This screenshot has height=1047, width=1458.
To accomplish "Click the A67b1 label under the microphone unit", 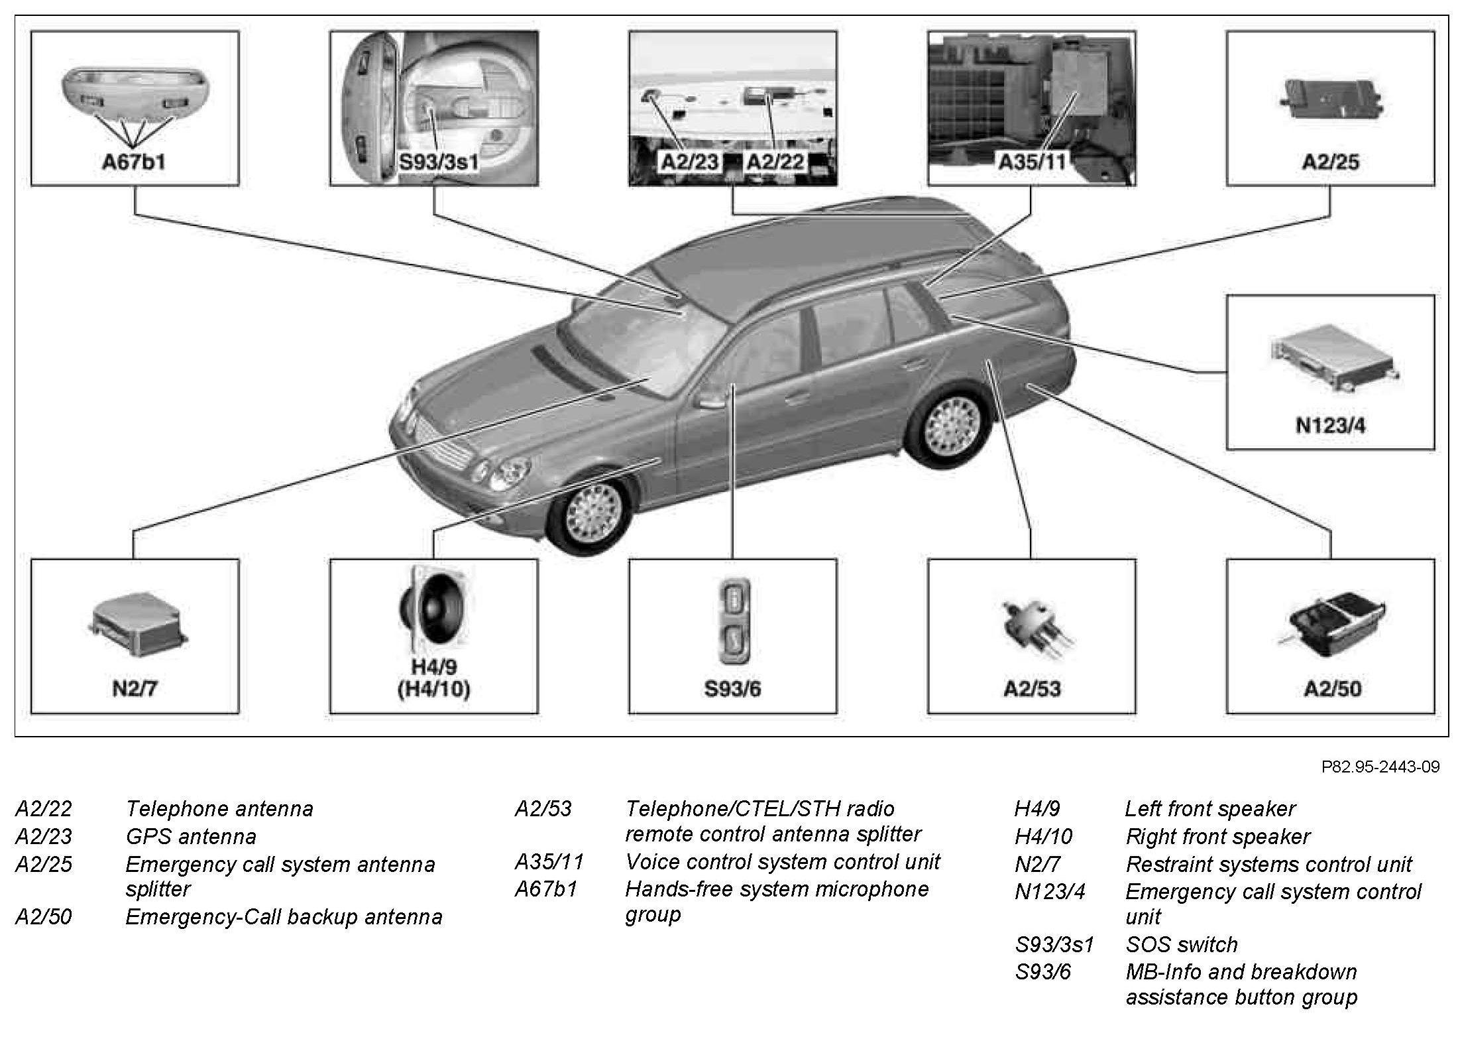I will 134,162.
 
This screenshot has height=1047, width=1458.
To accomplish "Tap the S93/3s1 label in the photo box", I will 438,162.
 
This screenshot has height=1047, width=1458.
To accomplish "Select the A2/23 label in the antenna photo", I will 689,162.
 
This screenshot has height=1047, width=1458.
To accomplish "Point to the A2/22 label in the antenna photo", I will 775,162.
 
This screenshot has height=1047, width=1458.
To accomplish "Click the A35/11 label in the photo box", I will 1032,162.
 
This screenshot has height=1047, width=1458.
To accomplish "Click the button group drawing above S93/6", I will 734,620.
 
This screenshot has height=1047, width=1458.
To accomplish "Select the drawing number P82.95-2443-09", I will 1380,767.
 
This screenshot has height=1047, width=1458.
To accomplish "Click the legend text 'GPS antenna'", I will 191,837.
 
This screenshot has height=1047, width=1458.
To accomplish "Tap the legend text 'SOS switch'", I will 1182,944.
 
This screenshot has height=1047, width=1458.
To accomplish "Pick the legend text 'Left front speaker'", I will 1210,809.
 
